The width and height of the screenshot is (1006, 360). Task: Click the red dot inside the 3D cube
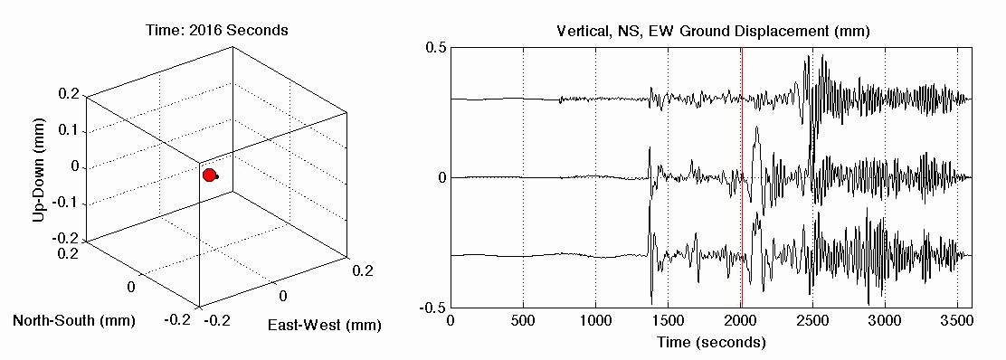pyautogui.click(x=210, y=175)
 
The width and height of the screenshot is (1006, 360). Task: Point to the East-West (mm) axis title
pyautogui.click(x=325, y=325)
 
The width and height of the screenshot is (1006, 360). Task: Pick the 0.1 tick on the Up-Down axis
pyautogui.click(x=68, y=131)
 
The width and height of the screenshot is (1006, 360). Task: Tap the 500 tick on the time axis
pyautogui.click(x=523, y=321)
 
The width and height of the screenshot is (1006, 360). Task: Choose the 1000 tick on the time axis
pyautogui.click(x=595, y=321)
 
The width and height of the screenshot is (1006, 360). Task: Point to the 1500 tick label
pyautogui.click(x=668, y=321)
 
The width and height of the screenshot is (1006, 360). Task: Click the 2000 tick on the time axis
pyautogui.click(x=740, y=321)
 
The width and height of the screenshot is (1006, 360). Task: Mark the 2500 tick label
pyautogui.click(x=812, y=321)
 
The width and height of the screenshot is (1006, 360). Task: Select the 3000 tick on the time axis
pyautogui.click(x=885, y=321)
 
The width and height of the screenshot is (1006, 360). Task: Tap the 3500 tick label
pyautogui.click(x=957, y=321)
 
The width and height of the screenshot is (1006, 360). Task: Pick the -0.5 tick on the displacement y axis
pyautogui.click(x=432, y=308)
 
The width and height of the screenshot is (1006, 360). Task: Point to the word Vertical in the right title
pyautogui.click(x=580, y=31)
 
